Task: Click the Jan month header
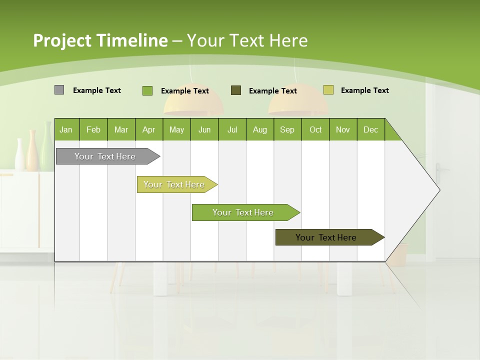(66, 129)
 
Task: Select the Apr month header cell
(148, 129)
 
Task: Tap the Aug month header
(259, 129)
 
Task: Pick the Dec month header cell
(370, 129)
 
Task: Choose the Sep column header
(287, 129)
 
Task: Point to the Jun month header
(204, 129)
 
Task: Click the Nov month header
(342, 129)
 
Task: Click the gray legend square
(59, 90)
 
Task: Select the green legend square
(147, 90)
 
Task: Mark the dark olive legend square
(236, 90)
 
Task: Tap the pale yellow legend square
(328, 90)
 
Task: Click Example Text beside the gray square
(97, 90)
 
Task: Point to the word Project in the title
(62, 40)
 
